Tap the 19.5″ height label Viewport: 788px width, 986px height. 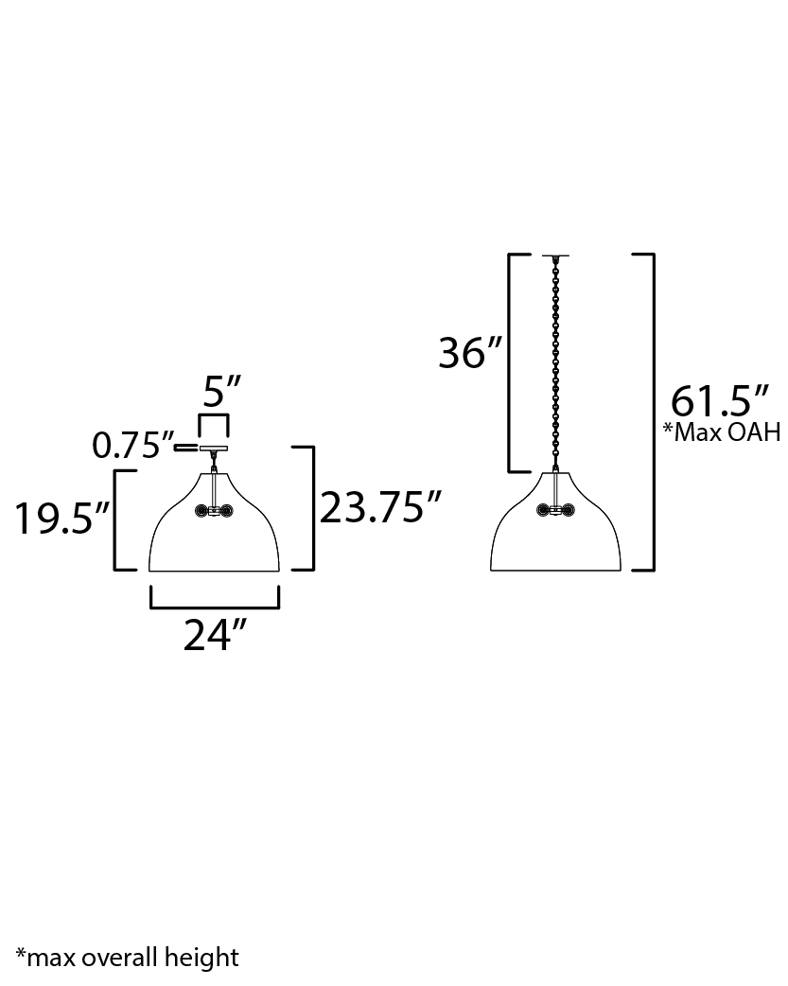pos(62,519)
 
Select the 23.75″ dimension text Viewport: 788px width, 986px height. pos(380,507)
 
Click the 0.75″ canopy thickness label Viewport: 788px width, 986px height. pos(132,446)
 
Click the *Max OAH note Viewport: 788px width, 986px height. pos(722,432)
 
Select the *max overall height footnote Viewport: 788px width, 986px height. pos(127,958)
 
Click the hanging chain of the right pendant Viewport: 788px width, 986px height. pos(556,363)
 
